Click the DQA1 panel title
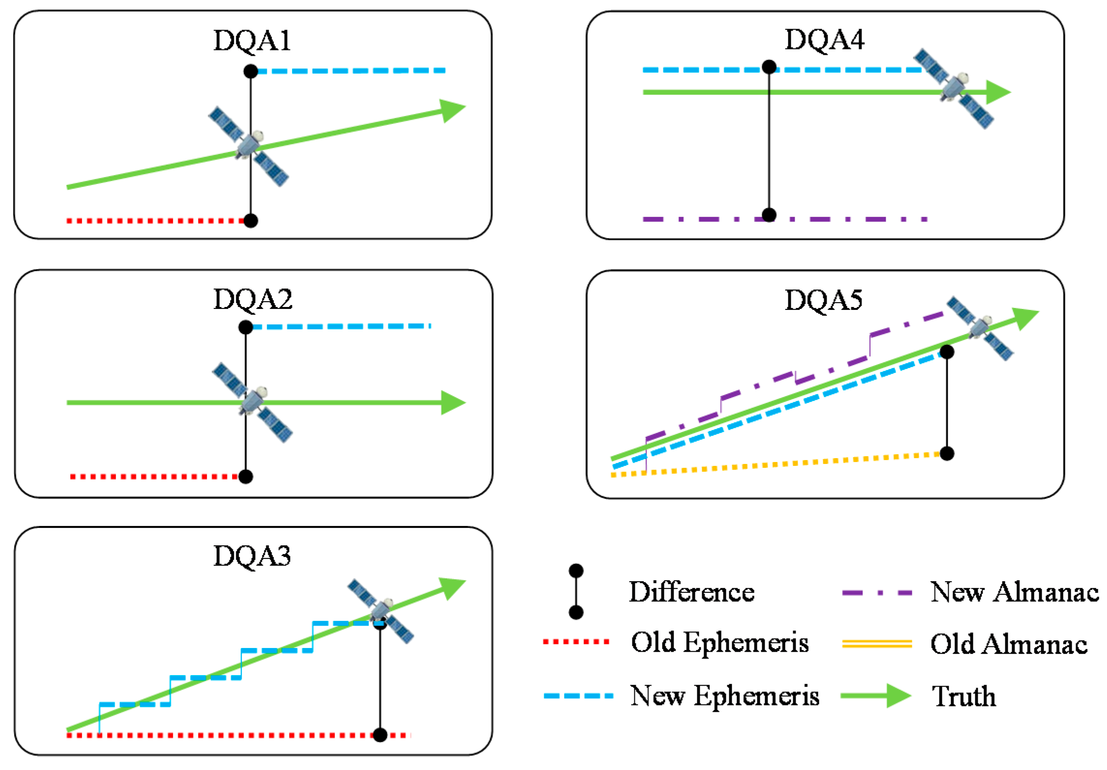(252, 41)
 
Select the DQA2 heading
(253, 300)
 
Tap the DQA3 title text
(252, 556)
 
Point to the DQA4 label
(824, 40)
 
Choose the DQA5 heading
(823, 300)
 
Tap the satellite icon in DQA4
(953, 89)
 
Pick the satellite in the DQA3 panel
(381, 611)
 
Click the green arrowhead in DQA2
(453, 403)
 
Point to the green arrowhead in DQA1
(452, 110)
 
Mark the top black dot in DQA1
(250, 72)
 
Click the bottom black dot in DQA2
(246, 477)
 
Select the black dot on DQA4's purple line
(769, 215)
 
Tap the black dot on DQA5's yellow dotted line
(947, 453)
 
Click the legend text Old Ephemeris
(720, 643)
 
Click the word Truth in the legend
(964, 696)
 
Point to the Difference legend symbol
(576, 592)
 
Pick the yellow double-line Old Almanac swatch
(877, 644)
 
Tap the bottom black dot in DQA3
(380, 735)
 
